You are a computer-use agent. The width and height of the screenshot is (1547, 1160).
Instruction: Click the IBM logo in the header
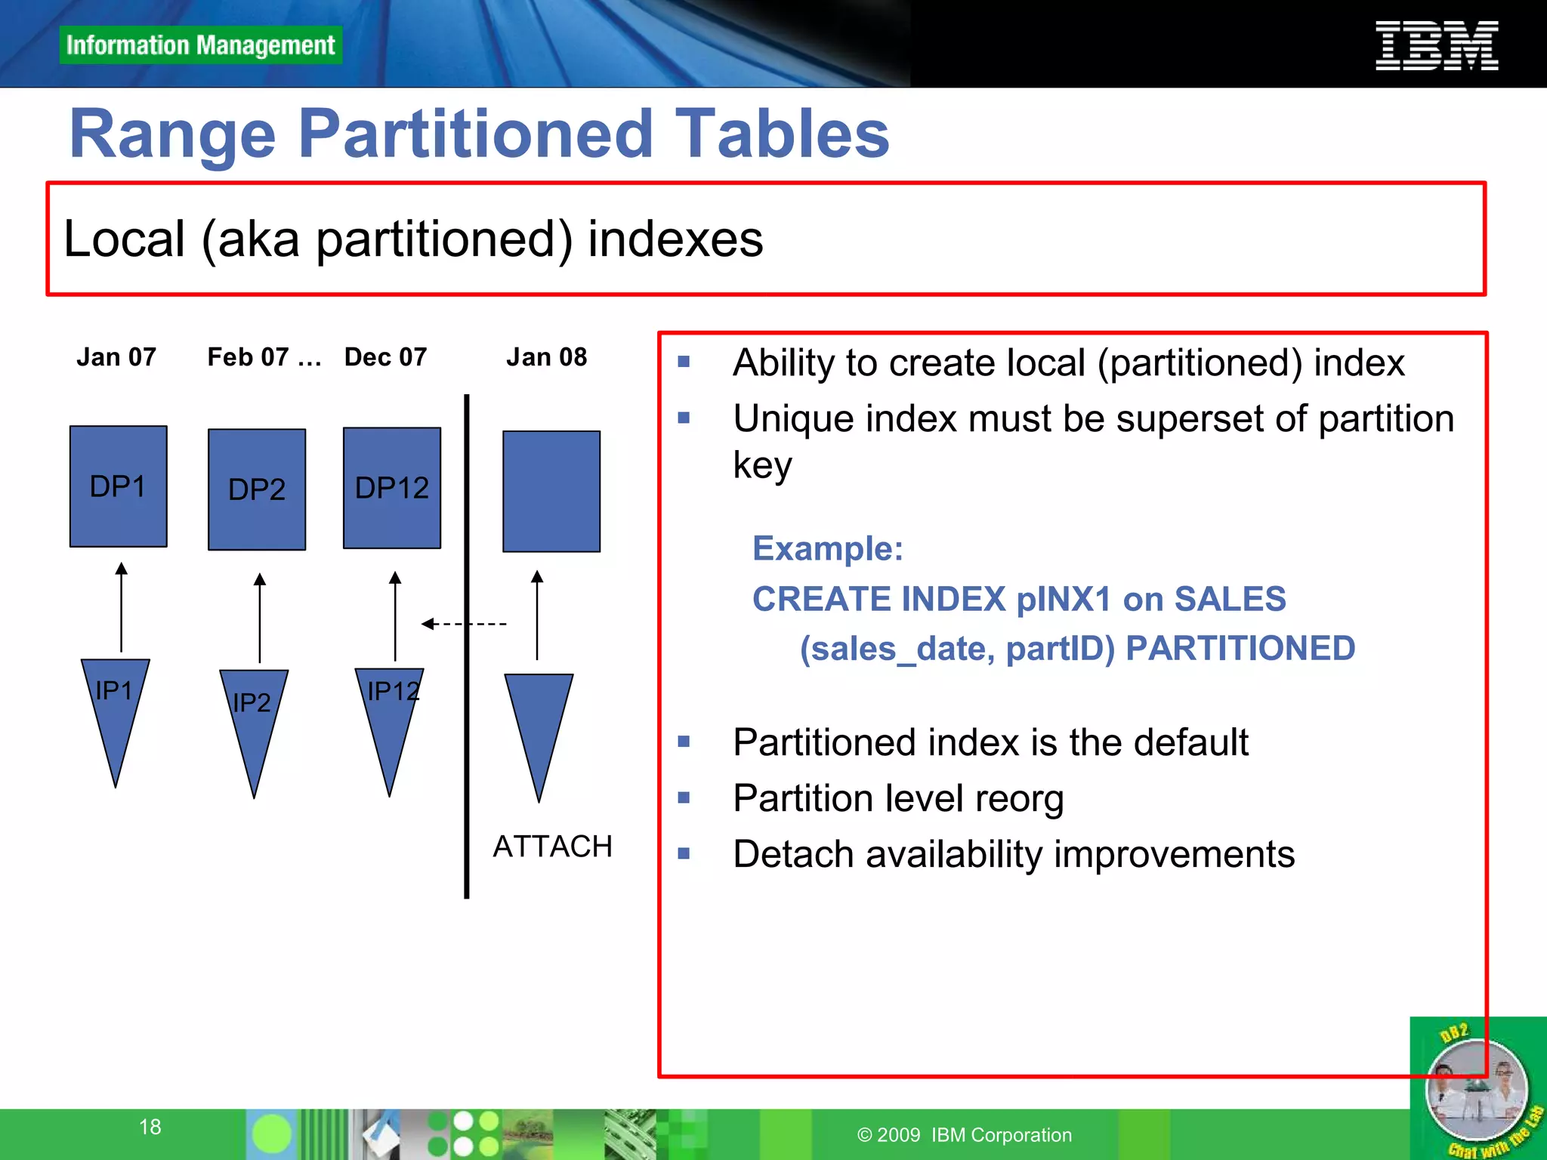tap(1436, 46)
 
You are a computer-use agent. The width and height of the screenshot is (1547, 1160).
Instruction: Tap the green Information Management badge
tap(200, 45)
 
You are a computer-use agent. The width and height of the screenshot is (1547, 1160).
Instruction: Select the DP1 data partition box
tap(118, 486)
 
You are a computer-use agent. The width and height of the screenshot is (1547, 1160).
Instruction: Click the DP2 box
tap(257, 489)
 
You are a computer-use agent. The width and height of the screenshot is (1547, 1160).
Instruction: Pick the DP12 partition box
tap(391, 488)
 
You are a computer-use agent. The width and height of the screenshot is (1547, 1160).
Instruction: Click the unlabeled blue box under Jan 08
tap(551, 491)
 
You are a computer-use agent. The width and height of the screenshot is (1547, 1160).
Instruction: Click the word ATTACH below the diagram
tap(552, 847)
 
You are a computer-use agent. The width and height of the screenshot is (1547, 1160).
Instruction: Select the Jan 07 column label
tap(116, 356)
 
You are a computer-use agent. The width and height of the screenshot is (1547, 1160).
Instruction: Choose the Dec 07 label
tap(385, 356)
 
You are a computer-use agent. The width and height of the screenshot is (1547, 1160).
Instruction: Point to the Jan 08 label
tap(546, 356)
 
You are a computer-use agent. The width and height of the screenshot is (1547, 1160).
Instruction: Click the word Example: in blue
tap(827, 548)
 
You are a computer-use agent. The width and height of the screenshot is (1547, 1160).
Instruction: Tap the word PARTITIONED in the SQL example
tap(1240, 649)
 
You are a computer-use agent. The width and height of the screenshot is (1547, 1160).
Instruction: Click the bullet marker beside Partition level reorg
tap(684, 797)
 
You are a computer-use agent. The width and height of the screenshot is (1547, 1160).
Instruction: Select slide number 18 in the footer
tap(150, 1127)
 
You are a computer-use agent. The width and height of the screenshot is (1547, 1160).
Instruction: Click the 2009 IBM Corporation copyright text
tap(964, 1134)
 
